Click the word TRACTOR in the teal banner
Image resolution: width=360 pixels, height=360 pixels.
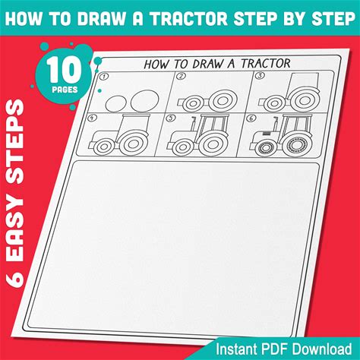pyautogui.click(x=189, y=18)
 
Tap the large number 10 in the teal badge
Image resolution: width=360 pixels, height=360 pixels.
pyautogui.click(x=65, y=69)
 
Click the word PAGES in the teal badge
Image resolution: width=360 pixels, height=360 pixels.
pyautogui.click(x=65, y=90)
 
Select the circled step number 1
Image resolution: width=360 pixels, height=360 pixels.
pyautogui.click(x=103, y=76)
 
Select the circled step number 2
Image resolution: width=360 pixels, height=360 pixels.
pyautogui.click(x=182, y=76)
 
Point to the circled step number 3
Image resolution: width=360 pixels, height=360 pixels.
pyautogui.click(x=260, y=75)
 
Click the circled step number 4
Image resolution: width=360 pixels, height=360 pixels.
pyautogui.click(x=92, y=118)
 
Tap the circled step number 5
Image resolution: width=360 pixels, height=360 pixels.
pyautogui.click(x=172, y=118)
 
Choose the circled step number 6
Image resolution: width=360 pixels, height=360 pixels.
pyautogui.click(x=251, y=118)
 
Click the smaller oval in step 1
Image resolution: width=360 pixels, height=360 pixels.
pyautogui.click(x=115, y=103)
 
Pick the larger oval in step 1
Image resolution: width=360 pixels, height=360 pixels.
pyautogui.click(x=145, y=100)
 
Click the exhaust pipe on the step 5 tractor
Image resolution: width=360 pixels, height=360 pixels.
pyautogui.click(x=194, y=124)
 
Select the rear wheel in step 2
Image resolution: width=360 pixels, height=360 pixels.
pyautogui.click(x=223, y=100)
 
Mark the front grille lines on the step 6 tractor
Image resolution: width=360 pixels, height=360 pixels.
pyautogui.click(x=266, y=133)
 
